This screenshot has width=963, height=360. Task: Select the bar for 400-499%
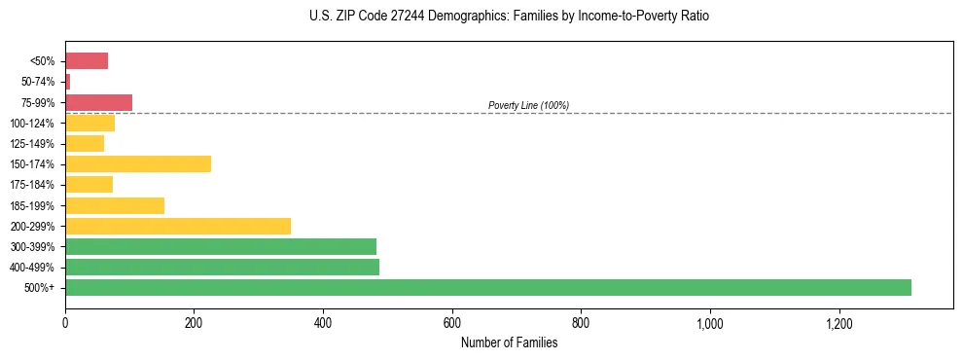222,267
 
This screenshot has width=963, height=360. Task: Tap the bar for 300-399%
221,246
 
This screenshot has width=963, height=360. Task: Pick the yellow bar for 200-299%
178,226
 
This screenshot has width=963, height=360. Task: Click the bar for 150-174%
138,163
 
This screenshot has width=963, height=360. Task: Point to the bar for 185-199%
115,205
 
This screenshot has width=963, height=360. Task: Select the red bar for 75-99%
98,102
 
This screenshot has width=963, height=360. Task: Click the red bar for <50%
87,61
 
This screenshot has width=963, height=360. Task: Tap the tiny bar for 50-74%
68,82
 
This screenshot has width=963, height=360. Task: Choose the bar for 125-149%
85,143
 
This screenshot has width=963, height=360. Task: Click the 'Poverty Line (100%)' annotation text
528,105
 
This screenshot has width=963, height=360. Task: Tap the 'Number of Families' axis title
509,342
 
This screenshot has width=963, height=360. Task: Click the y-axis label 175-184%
32,185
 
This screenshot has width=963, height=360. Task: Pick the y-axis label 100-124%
32,124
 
